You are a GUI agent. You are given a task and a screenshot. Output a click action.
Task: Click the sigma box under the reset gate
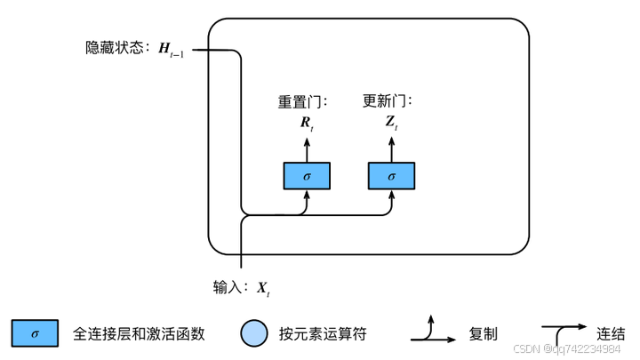coord(307,176)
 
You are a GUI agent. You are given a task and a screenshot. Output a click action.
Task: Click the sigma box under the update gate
coord(392,176)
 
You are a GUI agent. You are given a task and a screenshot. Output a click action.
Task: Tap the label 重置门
coord(299,102)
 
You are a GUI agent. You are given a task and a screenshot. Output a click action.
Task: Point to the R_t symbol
coord(307,124)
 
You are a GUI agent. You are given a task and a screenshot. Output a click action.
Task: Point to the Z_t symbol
coord(392,124)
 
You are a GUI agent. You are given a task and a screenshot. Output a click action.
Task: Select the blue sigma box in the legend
coord(35,334)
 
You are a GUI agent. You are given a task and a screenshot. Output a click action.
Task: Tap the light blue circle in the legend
coord(253,334)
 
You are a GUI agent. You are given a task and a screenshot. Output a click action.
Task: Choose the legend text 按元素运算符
coord(322,334)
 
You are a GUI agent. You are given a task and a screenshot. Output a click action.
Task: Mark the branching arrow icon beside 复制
coord(434,331)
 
